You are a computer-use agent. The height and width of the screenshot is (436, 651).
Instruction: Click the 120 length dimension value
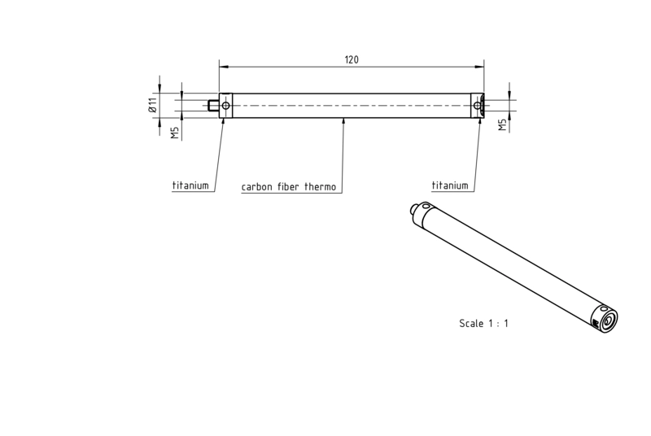click(352, 59)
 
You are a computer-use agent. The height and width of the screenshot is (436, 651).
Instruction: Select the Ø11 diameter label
click(152, 106)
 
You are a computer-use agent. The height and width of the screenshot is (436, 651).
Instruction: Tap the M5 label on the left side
click(175, 133)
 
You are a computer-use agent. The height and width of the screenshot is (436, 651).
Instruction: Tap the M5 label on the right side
click(503, 125)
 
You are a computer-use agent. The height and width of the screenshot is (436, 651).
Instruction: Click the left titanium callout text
click(190, 185)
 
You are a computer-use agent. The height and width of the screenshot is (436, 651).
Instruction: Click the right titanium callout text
click(450, 185)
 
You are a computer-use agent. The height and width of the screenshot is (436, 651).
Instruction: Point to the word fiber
click(288, 186)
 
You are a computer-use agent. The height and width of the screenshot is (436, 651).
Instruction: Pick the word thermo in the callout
click(320, 186)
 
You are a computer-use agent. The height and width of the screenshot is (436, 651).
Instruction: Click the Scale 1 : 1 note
click(483, 323)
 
